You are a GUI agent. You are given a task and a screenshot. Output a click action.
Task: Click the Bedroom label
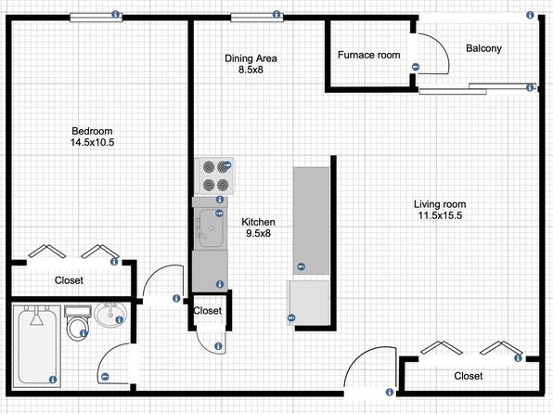pyautogui.click(x=92, y=131)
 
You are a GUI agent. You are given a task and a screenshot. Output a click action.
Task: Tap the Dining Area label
pyautogui.click(x=251, y=58)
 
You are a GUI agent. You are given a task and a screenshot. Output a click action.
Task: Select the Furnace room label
pyautogui.click(x=369, y=55)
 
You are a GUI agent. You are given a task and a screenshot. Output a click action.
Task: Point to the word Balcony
pyautogui.click(x=484, y=48)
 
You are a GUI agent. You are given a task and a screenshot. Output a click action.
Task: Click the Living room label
pyautogui.click(x=440, y=204)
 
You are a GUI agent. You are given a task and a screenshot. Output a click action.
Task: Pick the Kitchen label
pyautogui.click(x=258, y=222)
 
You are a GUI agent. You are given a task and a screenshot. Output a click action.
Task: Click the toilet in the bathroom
pyautogui.click(x=78, y=323)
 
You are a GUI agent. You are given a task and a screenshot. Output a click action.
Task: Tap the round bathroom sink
pyautogui.click(x=110, y=315)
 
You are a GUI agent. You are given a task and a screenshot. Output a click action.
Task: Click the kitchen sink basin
pyautogui.click(x=211, y=228)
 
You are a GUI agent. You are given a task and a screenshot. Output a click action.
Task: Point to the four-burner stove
pyautogui.click(x=214, y=175)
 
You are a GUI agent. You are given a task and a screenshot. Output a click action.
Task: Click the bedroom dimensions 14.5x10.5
pyautogui.click(x=92, y=143)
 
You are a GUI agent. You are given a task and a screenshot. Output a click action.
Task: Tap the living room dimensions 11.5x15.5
pyautogui.click(x=440, y=215)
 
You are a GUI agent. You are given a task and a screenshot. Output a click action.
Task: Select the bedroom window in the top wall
pyautogui.click(x=96, y=18)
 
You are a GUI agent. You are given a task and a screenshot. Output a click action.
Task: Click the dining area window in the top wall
pyautogui.click(x=257, y=18)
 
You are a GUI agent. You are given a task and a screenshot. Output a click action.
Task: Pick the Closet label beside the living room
pyautogui.click(x=468, y=376)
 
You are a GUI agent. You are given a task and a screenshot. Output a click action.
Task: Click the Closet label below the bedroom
pyautogui.click(x=69, y=280)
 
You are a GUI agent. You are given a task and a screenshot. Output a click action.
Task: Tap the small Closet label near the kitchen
pyautogui.click(x=208, y=311)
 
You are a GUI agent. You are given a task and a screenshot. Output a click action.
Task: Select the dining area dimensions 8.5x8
pyautogui.click(x=251, y=70)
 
